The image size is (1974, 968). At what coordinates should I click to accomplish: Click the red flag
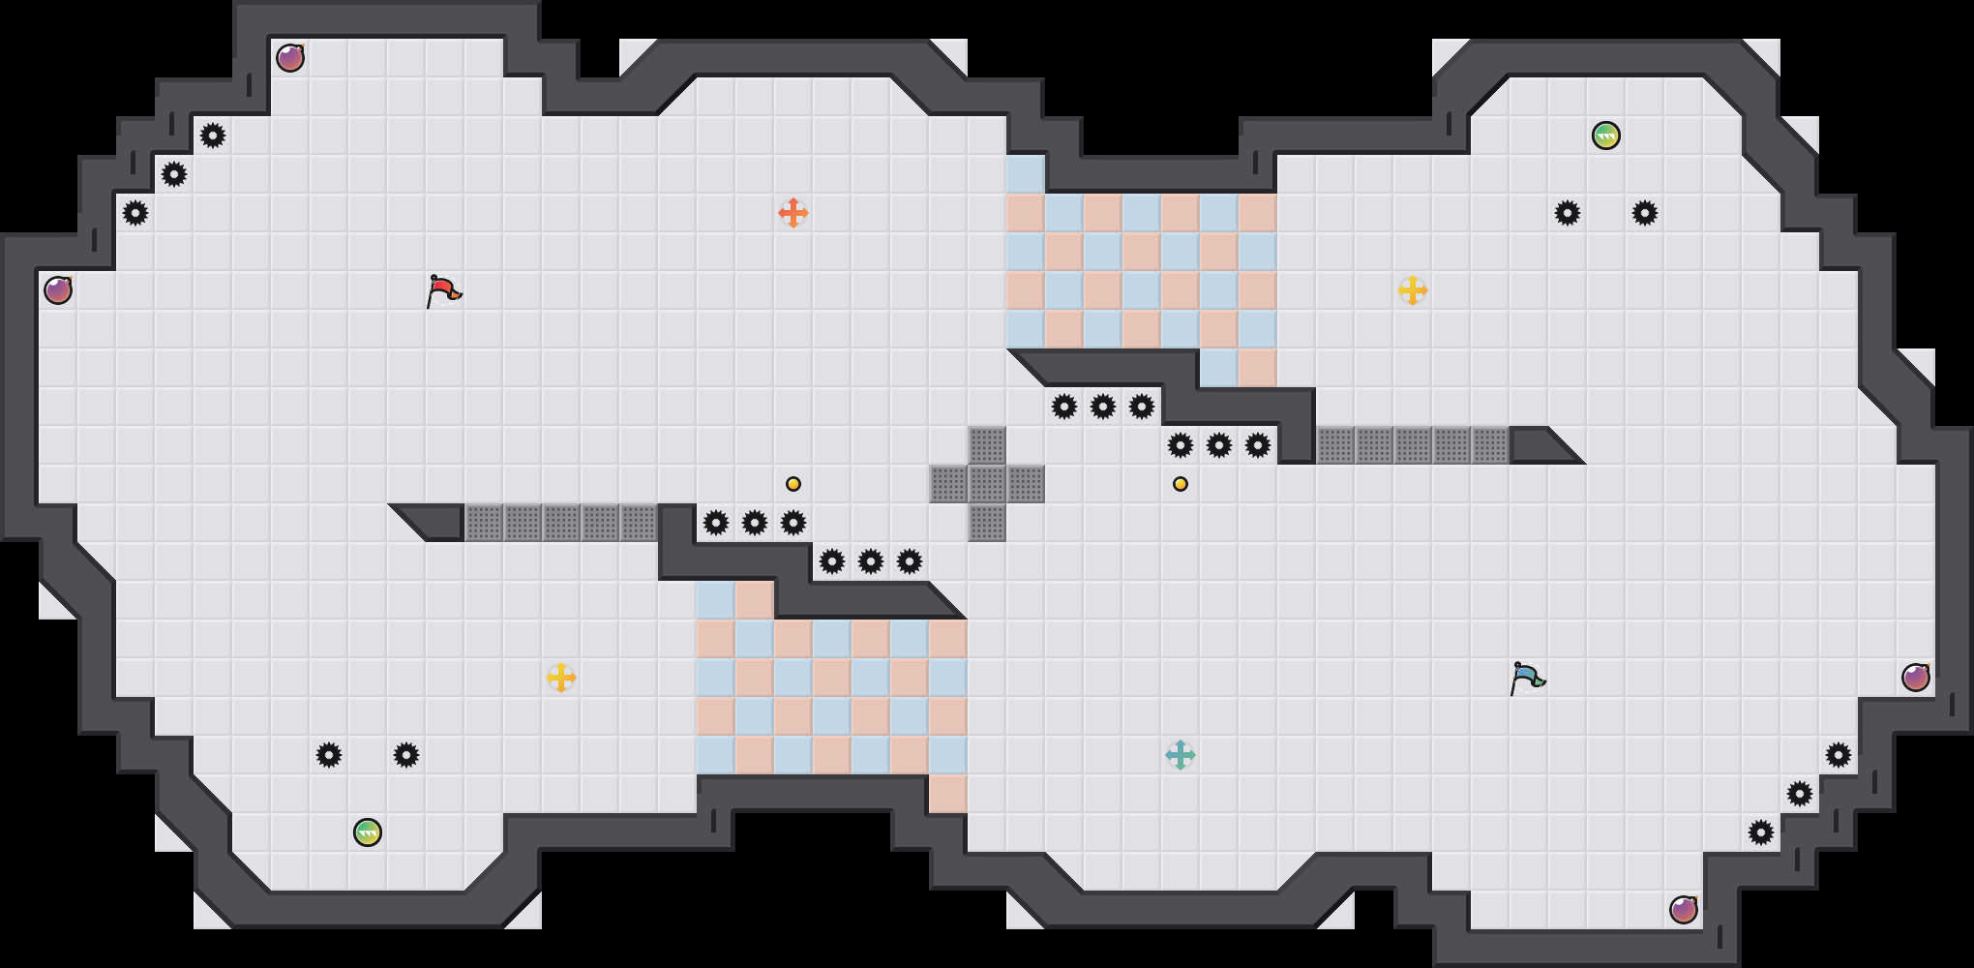point(443,290)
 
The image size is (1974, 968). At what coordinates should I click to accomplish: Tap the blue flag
point(1527,678)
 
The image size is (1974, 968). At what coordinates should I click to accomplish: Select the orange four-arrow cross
point(793,213)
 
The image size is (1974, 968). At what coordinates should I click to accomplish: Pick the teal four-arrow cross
point(1181,755)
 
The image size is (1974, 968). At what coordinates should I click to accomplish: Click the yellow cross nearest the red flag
point(561,678)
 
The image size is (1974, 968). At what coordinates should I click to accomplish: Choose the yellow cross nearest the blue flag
point(1413,290)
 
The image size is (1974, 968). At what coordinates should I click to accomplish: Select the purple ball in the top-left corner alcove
point(290,58)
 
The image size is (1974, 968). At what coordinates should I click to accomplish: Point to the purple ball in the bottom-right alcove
point(1684,910)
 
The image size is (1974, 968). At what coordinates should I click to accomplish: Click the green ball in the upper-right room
point(1606,136)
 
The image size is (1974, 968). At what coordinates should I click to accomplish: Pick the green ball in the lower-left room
point(368,832)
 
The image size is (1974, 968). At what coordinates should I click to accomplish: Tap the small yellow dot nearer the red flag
point(793,484)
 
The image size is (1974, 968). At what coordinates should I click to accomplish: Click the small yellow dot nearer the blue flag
point(1181,484)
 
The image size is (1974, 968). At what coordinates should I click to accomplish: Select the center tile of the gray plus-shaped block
point(987,484)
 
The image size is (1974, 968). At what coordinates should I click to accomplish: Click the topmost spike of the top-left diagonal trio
point(213,136)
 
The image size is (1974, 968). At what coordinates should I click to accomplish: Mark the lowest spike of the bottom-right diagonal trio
point(1761,832)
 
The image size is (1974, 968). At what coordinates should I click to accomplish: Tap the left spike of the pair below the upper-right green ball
point(1568,213)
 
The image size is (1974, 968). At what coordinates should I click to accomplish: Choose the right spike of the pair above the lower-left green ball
point(406,755)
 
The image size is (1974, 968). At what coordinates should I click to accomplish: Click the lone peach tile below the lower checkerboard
point(948,794)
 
